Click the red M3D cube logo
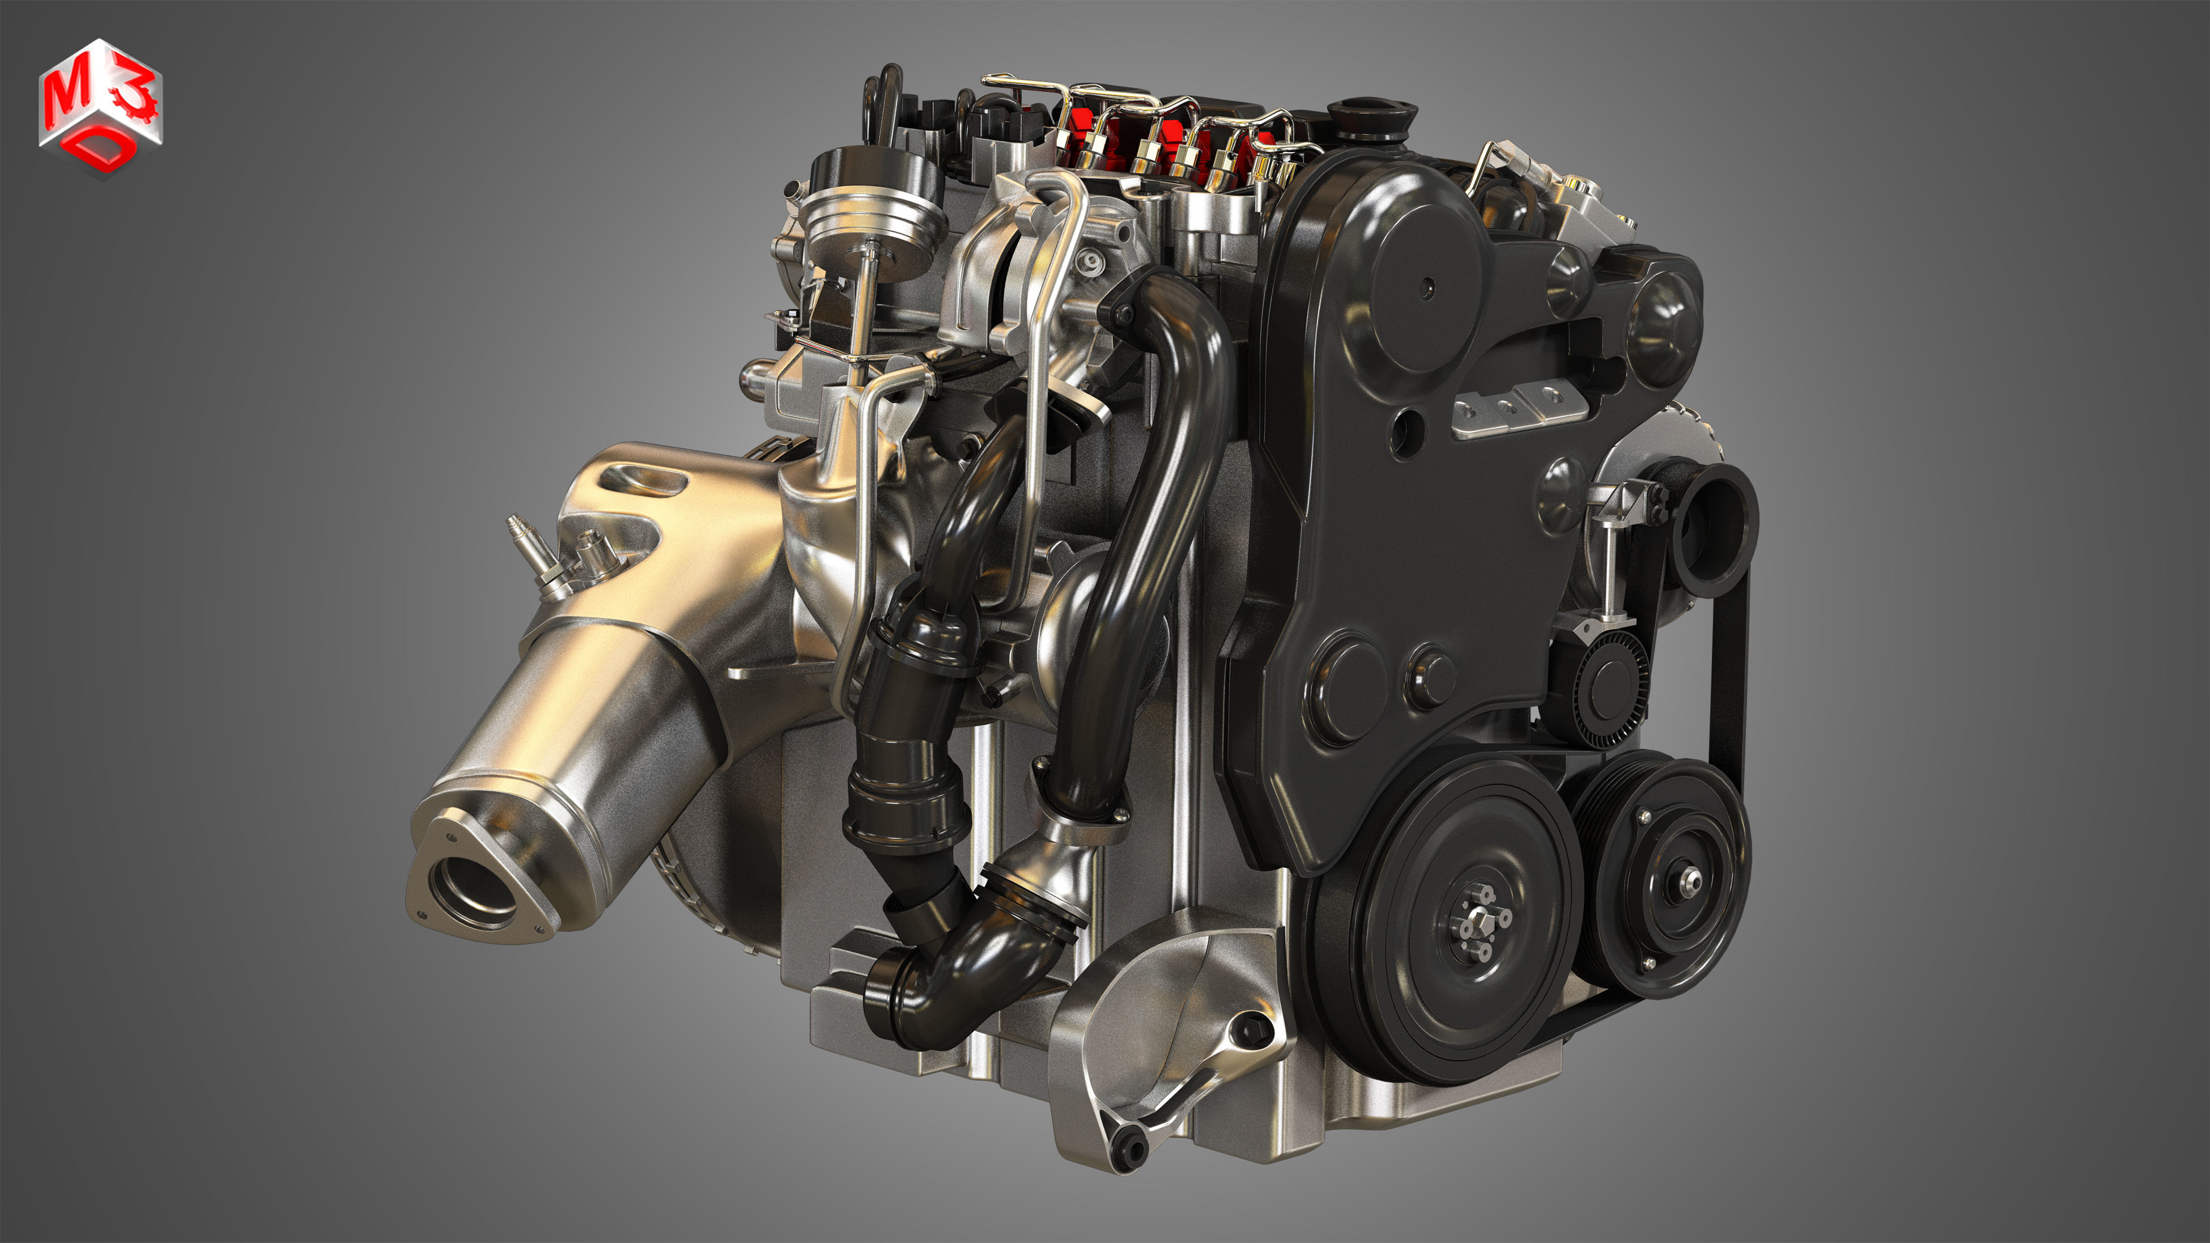100,107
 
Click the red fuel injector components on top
1167,142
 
